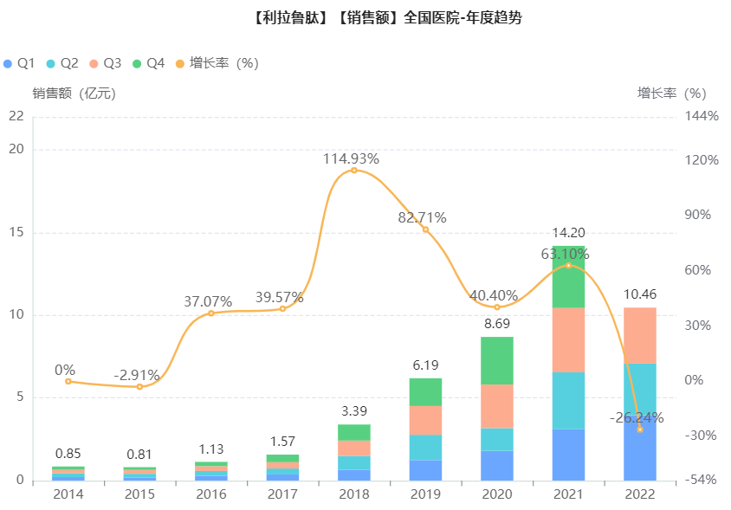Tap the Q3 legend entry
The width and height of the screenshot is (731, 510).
point(105,63)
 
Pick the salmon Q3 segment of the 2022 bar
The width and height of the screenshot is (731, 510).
point(640,335)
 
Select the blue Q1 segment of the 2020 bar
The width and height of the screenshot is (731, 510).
point(497,465)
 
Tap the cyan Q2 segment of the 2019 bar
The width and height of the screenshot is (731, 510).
point(425,447)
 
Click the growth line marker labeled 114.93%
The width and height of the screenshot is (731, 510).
point(353,171)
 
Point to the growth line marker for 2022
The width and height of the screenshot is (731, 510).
point(640,429)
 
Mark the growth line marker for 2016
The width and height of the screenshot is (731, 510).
point(210,313)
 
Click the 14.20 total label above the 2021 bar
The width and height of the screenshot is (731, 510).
point(568,232)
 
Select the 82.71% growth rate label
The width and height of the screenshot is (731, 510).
point(422,217)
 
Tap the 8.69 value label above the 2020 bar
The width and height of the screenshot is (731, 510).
point(497,323)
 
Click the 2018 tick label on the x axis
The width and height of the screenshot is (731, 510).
point(353,494)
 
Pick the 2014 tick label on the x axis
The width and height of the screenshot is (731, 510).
point(68,494)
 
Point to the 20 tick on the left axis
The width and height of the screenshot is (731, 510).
point(16,150)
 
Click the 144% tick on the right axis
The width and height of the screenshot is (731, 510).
point(702,115)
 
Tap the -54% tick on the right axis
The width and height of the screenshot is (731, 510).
point(702,480)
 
